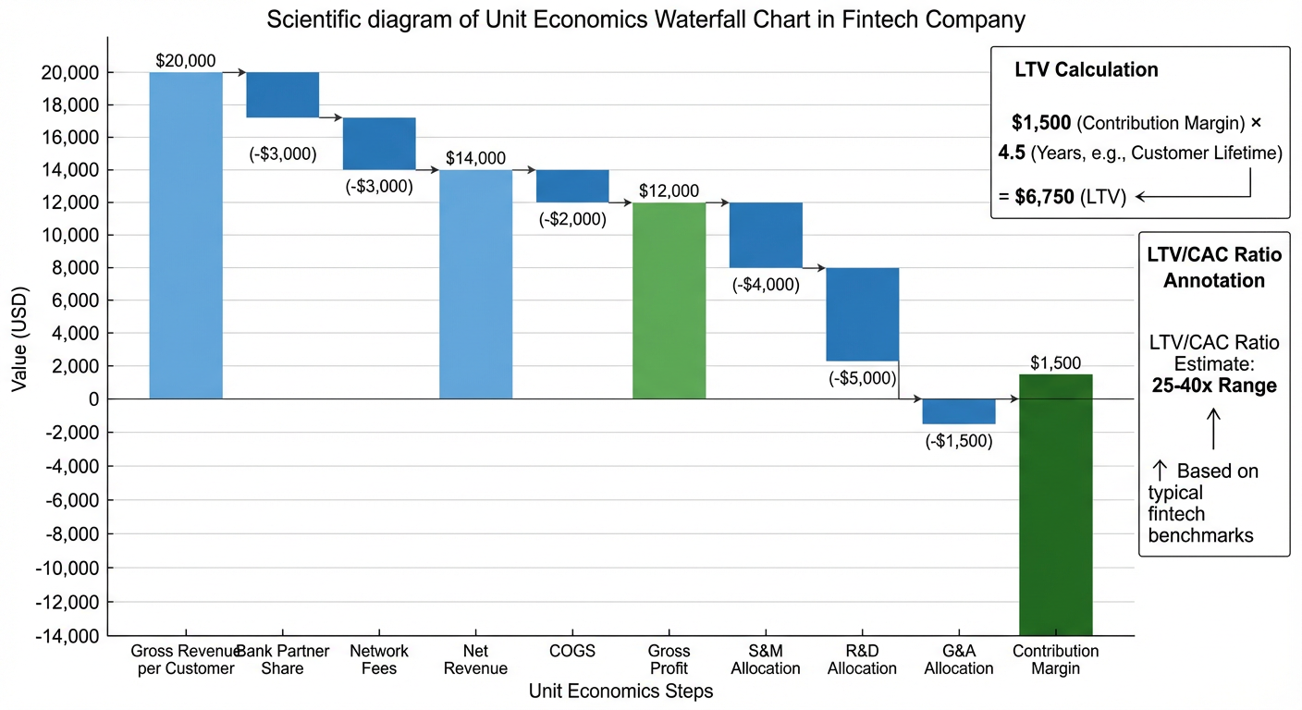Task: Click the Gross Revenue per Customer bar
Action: click(186, 235)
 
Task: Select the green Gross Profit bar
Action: click(669, 300)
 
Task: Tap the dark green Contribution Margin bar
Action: click(1055, 505)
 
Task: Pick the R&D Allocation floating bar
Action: click(862, 314)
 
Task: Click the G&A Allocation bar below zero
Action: click(959, 411)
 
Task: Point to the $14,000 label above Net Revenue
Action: click(475, 158)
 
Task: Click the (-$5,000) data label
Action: click(862, 377)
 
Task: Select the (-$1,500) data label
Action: click(959, 441)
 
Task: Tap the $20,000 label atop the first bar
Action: click(186, 61)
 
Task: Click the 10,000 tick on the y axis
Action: click(75, 235)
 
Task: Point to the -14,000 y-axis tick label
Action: click(70, 636)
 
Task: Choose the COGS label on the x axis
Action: click(571, 651)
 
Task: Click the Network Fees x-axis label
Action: click(379, 659)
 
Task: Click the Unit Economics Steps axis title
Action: click(620, 691)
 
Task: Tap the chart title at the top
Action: click(646, 19)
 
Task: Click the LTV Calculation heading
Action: click(1086, 69)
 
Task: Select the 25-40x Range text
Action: click(1214, 386)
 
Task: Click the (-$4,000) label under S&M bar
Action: click(766, 285)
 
